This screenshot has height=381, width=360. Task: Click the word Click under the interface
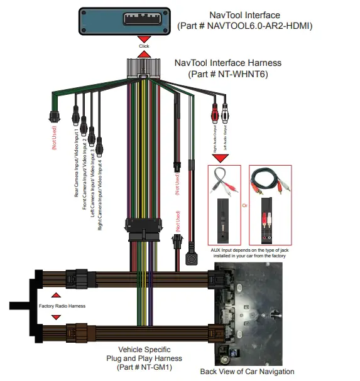[x=144, y=46]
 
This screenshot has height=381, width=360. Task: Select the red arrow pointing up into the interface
[x=144, y=55]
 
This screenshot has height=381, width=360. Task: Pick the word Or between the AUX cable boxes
[x=244, y=205]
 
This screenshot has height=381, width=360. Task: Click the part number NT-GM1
[x=145, y=367]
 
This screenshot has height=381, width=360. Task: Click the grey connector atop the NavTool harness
[x=144, y=68]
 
